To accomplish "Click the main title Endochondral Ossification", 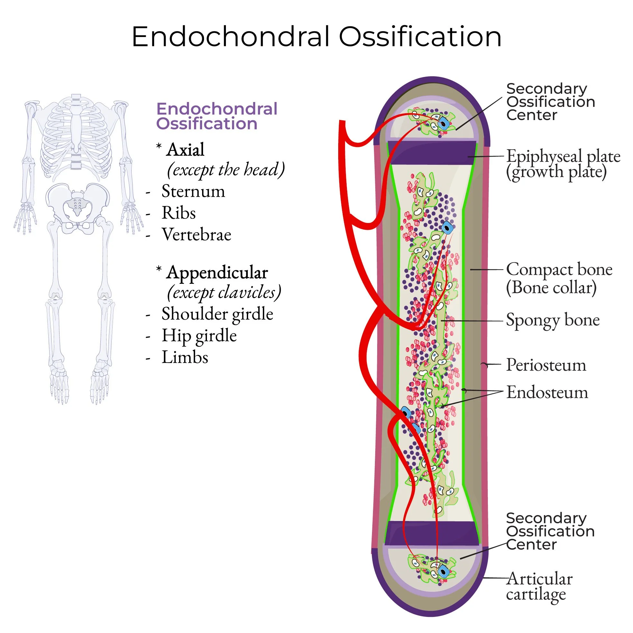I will (317, 37).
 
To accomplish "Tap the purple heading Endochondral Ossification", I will (217, 116).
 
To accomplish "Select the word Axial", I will (185, 150).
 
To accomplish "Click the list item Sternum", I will (193, 191).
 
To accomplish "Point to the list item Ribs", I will (179, 213).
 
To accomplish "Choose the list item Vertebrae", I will (196, 235).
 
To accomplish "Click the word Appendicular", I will (217, 273).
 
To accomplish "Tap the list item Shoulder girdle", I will (217, 314).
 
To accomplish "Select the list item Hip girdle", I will (199, 336).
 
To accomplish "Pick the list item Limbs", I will (185, 357).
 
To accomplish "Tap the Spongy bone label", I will (553, 320).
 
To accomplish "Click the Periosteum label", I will (546, 365).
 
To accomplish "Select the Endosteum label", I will (547, 393).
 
